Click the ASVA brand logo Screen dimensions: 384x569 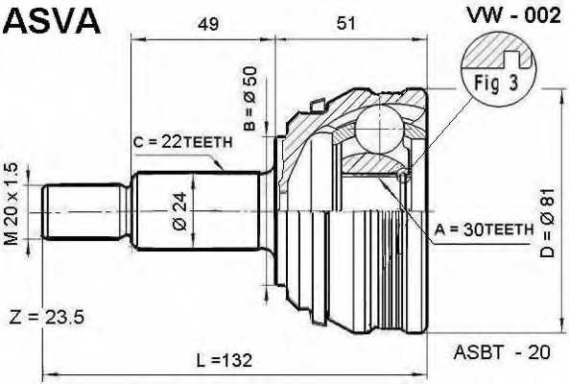tap(52, 19)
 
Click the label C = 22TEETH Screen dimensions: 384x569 tap(182, 142)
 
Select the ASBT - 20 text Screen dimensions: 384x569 tap(500, 353)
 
